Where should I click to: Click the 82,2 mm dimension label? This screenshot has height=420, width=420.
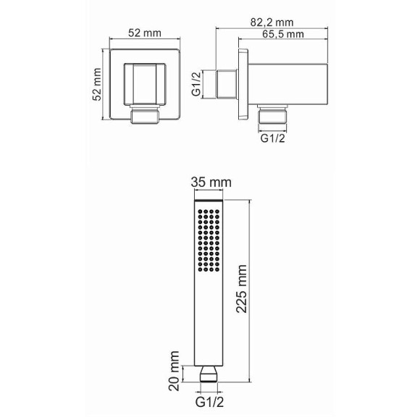tap(272, 22)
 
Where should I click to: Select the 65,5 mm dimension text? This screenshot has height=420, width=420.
tap(283, 34)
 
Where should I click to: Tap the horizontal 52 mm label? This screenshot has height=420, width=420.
tap(145, 33)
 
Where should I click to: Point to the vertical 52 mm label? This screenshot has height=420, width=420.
tap(97, 84)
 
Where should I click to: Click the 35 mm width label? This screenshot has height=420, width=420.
tap(211, 182)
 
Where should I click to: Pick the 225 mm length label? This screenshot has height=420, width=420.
tap(241, 289)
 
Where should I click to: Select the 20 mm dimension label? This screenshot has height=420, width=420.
tap(174, 371)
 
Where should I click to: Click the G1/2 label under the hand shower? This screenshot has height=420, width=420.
tap(209, 403)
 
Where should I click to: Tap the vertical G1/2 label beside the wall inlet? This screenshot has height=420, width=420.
tap(196, 84)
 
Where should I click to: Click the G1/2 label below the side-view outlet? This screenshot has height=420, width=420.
tap(273, 138)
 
